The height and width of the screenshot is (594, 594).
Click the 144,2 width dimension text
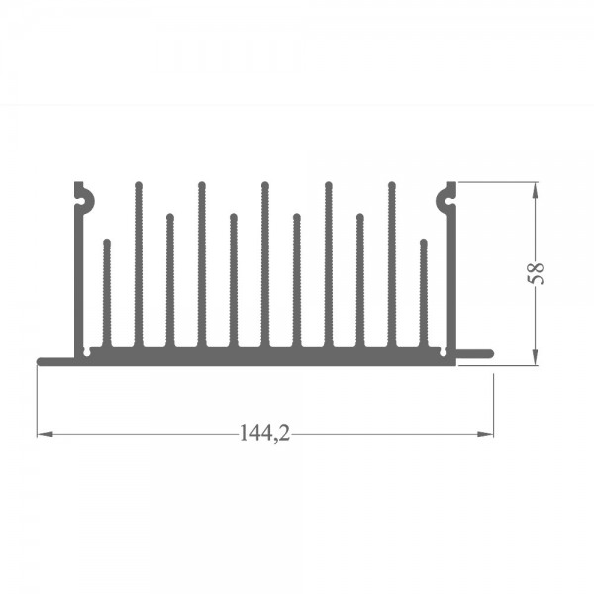tap(264, 433)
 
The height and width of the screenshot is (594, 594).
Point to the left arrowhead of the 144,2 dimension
tap(45, 434)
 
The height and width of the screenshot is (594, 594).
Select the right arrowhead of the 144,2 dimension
tap(485, 434)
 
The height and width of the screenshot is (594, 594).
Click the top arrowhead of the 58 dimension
tap(535, 190)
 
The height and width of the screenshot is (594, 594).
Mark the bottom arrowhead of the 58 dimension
tap(535, 357)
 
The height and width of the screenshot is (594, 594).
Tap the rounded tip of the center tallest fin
tap(265, 185)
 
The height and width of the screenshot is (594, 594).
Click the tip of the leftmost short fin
tap(107, 243)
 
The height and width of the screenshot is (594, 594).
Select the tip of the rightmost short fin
tap(424, 243)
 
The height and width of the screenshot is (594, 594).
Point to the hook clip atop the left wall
tap(84, 198)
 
